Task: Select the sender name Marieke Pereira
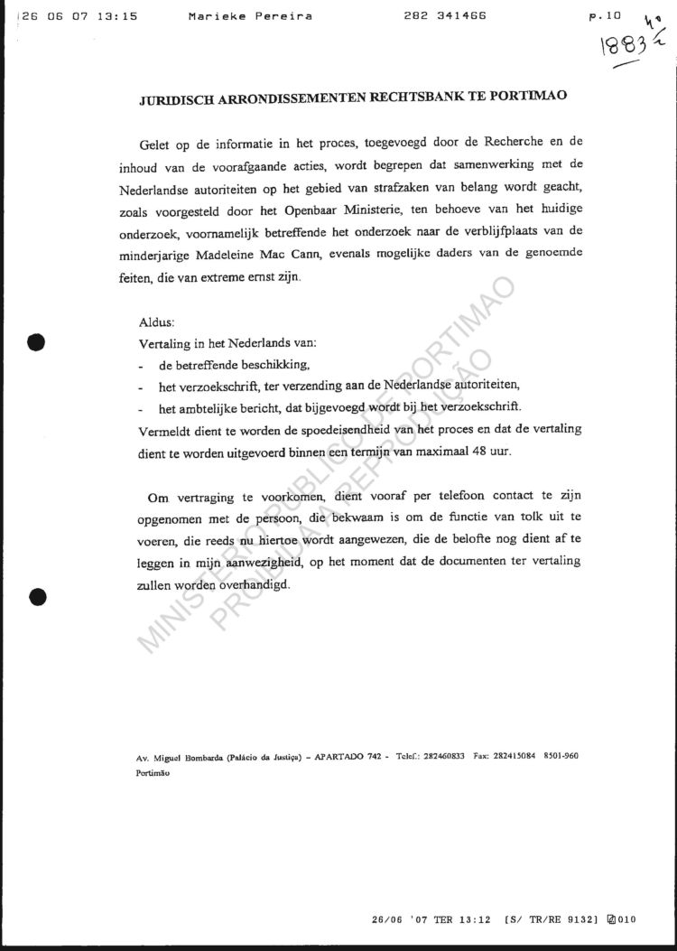(x=251, y=16)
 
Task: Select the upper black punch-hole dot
(x=37, y=341)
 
